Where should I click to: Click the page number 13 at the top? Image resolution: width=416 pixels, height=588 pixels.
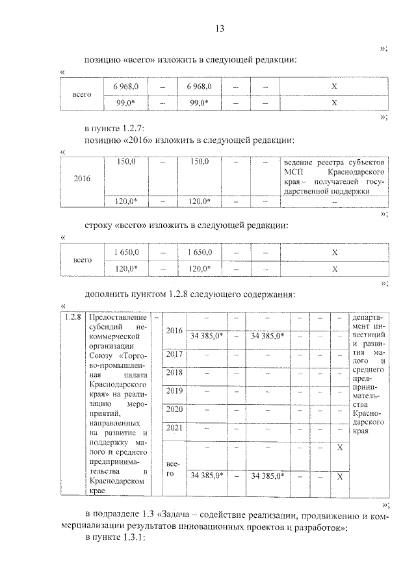point(219,29)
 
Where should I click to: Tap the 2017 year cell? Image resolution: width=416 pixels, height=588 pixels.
point(174,354)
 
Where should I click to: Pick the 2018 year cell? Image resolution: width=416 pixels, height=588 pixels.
point(174,372)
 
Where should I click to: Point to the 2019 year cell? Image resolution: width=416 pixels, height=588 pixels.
point(174,391)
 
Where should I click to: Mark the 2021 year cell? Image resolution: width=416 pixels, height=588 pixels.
point(174,428)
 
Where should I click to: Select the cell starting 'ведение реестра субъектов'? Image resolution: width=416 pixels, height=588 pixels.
point(335,176)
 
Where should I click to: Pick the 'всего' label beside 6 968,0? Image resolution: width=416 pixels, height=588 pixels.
point(82,94)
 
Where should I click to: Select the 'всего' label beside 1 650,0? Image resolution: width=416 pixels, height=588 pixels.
point(82,260)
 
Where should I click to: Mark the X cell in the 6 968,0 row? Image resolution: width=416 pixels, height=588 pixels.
point(334,86)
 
